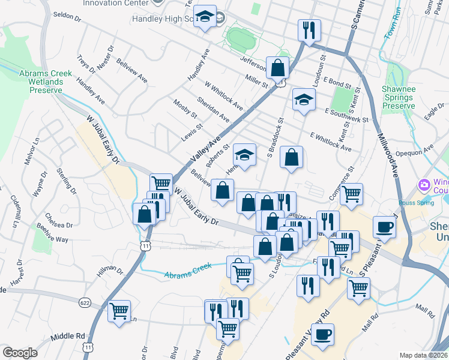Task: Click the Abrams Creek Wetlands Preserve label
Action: (46, 82)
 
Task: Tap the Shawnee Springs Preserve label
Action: (399, 97)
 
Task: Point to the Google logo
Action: (20, 352)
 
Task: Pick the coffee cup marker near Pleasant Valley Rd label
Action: (323, 334)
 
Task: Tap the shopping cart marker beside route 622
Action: (119, 311)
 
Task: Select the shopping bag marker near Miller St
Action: (279, 67)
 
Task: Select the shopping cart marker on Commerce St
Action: (351, 193)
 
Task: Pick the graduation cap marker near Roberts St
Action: (244, 155)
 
